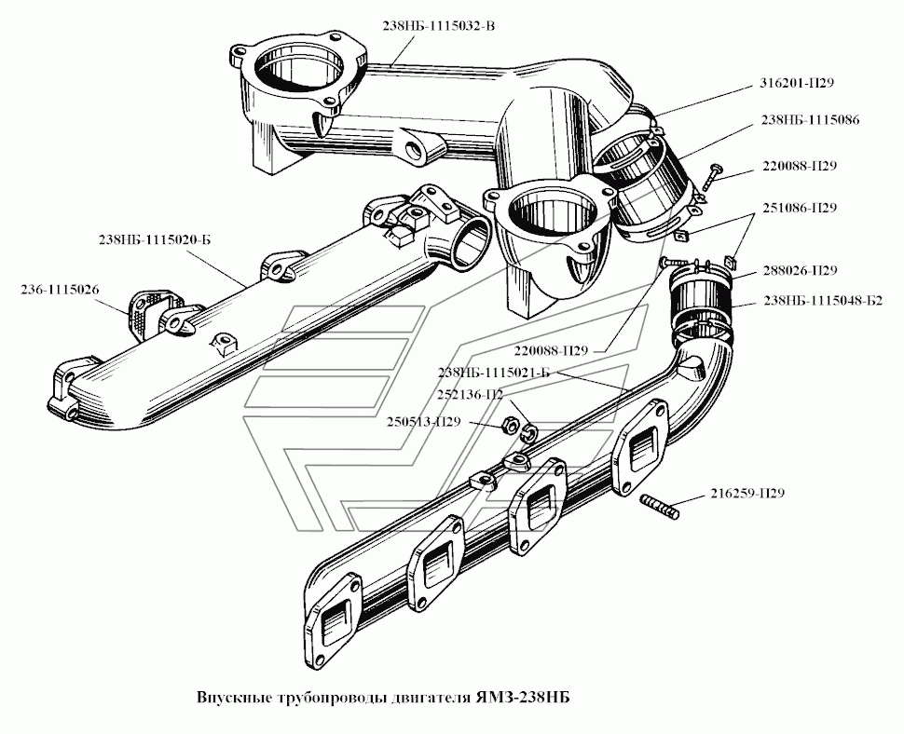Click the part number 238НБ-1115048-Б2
[x=823, y=300]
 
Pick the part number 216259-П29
[x=746, y=493]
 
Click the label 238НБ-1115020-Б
[x=155, y=239]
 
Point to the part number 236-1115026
[x=59, y=290]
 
